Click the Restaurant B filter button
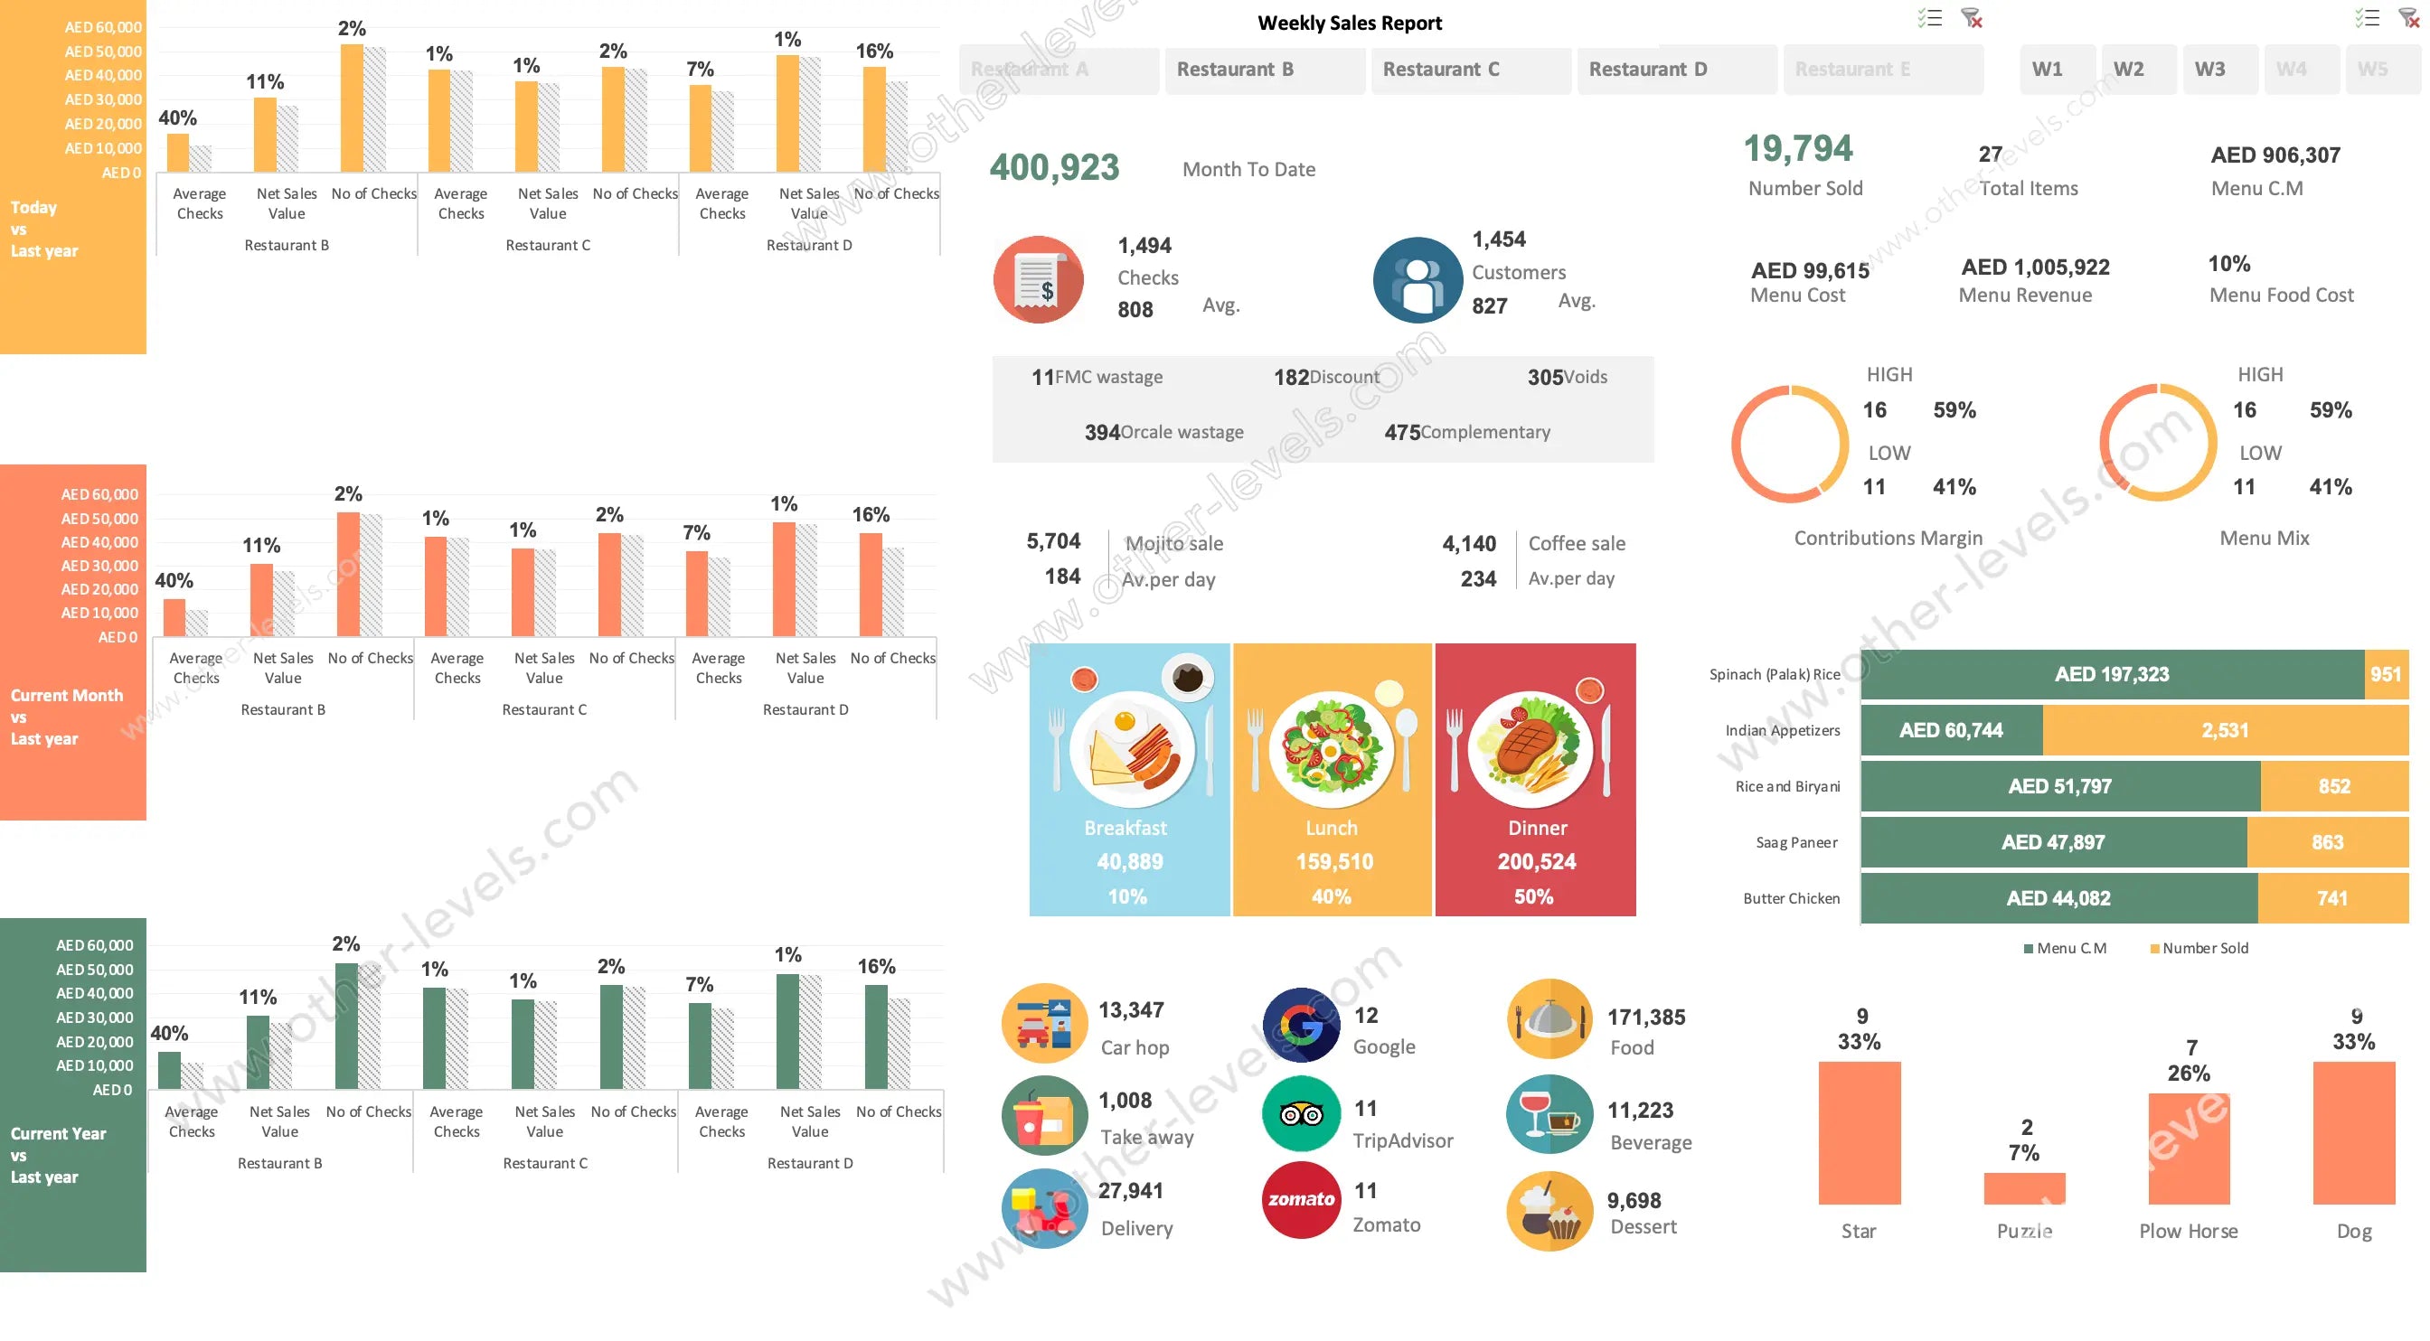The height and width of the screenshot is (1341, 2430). point(1263,70)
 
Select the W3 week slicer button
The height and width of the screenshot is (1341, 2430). point(2209,70)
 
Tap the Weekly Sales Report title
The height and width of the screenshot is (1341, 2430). point(1349,23)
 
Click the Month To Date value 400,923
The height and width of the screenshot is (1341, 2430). point(1054,168)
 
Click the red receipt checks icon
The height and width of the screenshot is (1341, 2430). point(1038,279)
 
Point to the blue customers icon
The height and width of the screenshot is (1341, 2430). point(1417,280)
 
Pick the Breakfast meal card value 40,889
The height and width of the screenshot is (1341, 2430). point(1129,861)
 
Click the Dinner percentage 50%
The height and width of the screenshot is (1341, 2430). point(1533,896)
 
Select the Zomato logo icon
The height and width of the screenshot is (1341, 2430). point(1301,1198)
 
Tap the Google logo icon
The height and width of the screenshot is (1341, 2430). point(1301,1025)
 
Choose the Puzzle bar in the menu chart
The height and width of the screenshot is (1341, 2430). point(2023,1187)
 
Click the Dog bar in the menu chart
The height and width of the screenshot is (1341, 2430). point(2352,1131)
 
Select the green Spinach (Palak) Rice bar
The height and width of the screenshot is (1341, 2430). point(2111,674)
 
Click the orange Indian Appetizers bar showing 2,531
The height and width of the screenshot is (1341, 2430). point(2225,730)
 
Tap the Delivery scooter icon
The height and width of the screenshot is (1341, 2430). point(1043,1208)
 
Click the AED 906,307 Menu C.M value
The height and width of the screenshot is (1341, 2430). point(2275,155)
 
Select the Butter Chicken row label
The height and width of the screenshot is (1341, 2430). point(1791,898)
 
